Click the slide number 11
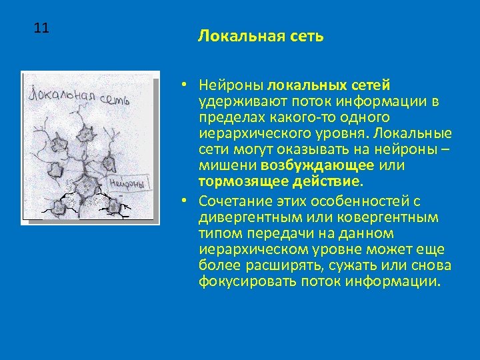pos(41,28)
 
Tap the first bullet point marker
pos(182,86)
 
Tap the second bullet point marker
pos(182,201)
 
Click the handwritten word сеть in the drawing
pos(115,101)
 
